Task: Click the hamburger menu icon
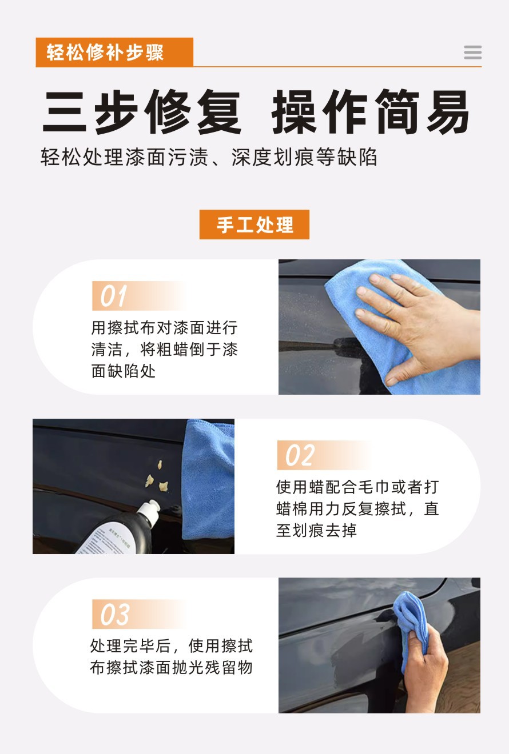(x=472, y=53)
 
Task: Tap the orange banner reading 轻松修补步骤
(x=114, y=53)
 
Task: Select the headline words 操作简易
(x=371, y=112)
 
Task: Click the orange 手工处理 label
(x=254, y=224)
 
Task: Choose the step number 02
(x=300, y=455)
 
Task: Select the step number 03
(x=115, y=615)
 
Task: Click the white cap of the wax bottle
(x=150, y=511)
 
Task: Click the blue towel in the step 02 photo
(x=209, y=480)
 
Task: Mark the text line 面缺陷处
(x=124, y=371)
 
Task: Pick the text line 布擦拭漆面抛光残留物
(x=171, y=668)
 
